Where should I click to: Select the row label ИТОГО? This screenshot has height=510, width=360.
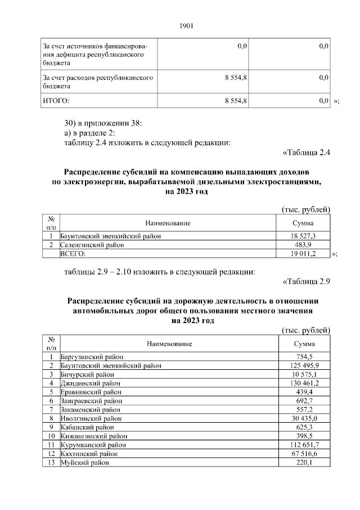click(56, 100)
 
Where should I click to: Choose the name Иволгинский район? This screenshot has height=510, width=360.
click(90, 418)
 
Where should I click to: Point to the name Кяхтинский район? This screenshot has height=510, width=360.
click(88, 454)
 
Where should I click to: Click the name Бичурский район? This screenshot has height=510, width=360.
click(87, 374)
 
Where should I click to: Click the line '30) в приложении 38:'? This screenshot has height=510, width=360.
click(99, 123)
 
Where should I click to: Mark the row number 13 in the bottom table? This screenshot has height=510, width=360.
click(51, 463)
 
